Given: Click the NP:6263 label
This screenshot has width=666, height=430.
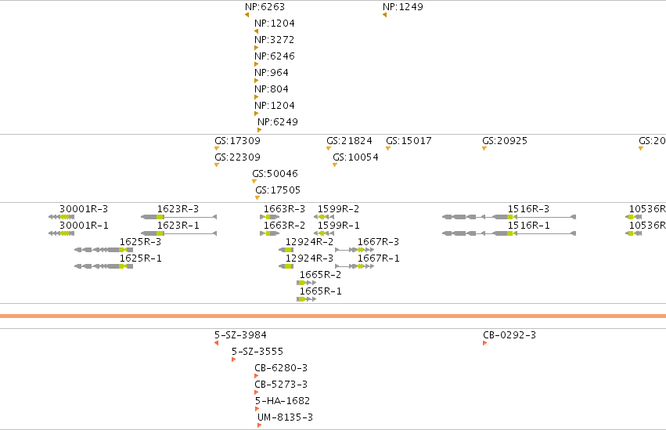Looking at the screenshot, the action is pyautogui.click(x=265, y=7).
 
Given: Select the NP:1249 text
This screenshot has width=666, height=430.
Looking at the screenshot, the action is pyautogui.click(x=403, y=7).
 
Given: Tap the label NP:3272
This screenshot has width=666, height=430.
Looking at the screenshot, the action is pyautogui.click(x=275, y=39).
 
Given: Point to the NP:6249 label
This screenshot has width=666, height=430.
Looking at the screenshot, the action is pyautogui.click(x=277, y=122).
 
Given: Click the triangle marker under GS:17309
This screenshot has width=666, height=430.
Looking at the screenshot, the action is pyautogui.click(x=217, y=148).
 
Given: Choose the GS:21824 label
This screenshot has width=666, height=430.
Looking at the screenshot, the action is pyautogui.click(x=349, y=141).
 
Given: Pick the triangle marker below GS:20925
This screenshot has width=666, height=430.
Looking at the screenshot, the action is pyautogui.click(x=484, y=148).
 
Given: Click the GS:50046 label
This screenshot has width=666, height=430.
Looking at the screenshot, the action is pyautogui.click(x=275, y=173).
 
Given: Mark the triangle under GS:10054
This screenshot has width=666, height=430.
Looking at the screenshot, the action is pyautogui.click(x=335, y=164).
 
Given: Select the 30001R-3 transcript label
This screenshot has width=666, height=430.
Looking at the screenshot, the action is pyautogui.click(x=84, y=208).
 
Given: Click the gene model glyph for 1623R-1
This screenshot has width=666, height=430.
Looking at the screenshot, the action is pyautogui.click(x=178, y=233).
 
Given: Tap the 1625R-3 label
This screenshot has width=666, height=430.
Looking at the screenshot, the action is pyautogui.click(x=140, y=242).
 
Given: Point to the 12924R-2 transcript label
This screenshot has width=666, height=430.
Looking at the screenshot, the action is pyautogui.click(x=309, y=242).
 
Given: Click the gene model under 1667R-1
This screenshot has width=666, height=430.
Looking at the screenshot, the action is pyautogui.click(x=355, y=266).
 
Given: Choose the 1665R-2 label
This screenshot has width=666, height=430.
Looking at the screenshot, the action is pyautogui.click(x=320, y=274).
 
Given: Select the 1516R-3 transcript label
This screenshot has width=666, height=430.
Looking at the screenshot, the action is pyautogui.click(x=528, y=208).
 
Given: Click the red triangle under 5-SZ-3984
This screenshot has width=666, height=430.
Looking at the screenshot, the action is pyautogui.click(x=217, y=343).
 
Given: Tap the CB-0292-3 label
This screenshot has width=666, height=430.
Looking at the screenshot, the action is pyautogui.click(x=509, y=334).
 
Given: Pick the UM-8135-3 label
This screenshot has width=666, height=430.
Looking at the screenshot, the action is pyautogui.click(x=285, y=417).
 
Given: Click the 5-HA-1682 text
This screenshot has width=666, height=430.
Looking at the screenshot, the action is pyautogui.click(x=283, y=401).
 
